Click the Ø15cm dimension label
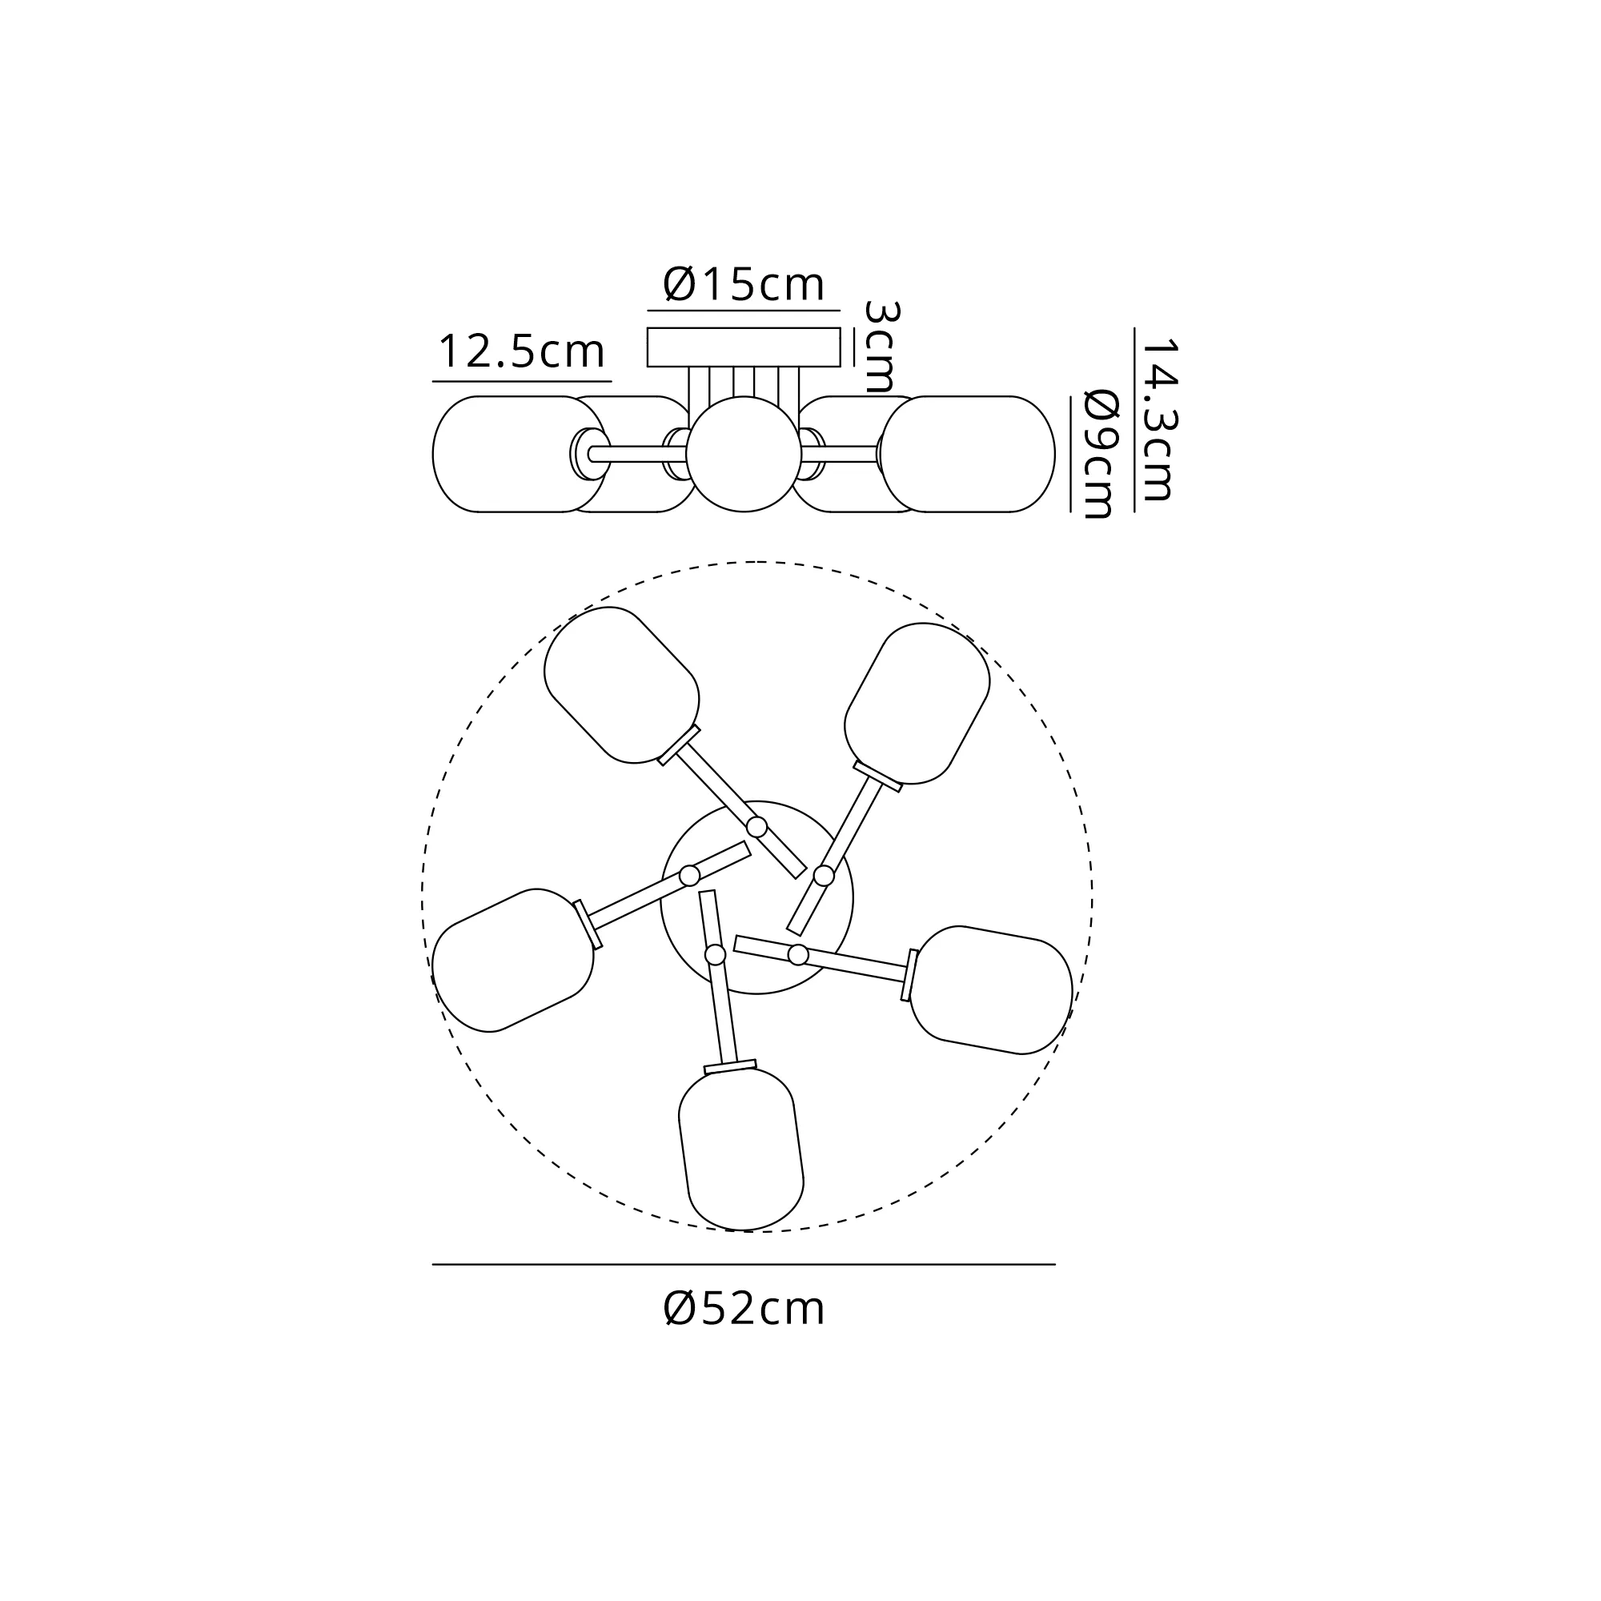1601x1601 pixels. pos(744,285)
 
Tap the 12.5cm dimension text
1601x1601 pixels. pos(521,351)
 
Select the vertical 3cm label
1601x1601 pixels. pos(880,347)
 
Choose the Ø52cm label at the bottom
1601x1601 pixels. pos(744,1310)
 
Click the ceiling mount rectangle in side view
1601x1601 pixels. pos(744,347)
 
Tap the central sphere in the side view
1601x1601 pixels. pos(744,454)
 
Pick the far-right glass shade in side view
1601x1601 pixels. pos(967,454)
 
